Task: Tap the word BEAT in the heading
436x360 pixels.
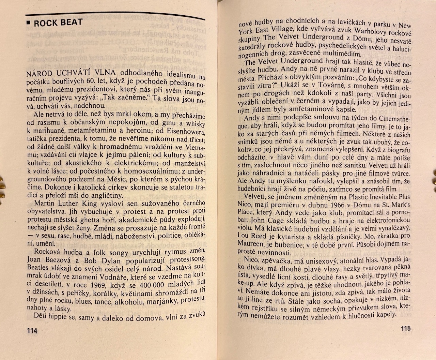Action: [72, 22]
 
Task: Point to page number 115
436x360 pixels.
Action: [405, 329]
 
